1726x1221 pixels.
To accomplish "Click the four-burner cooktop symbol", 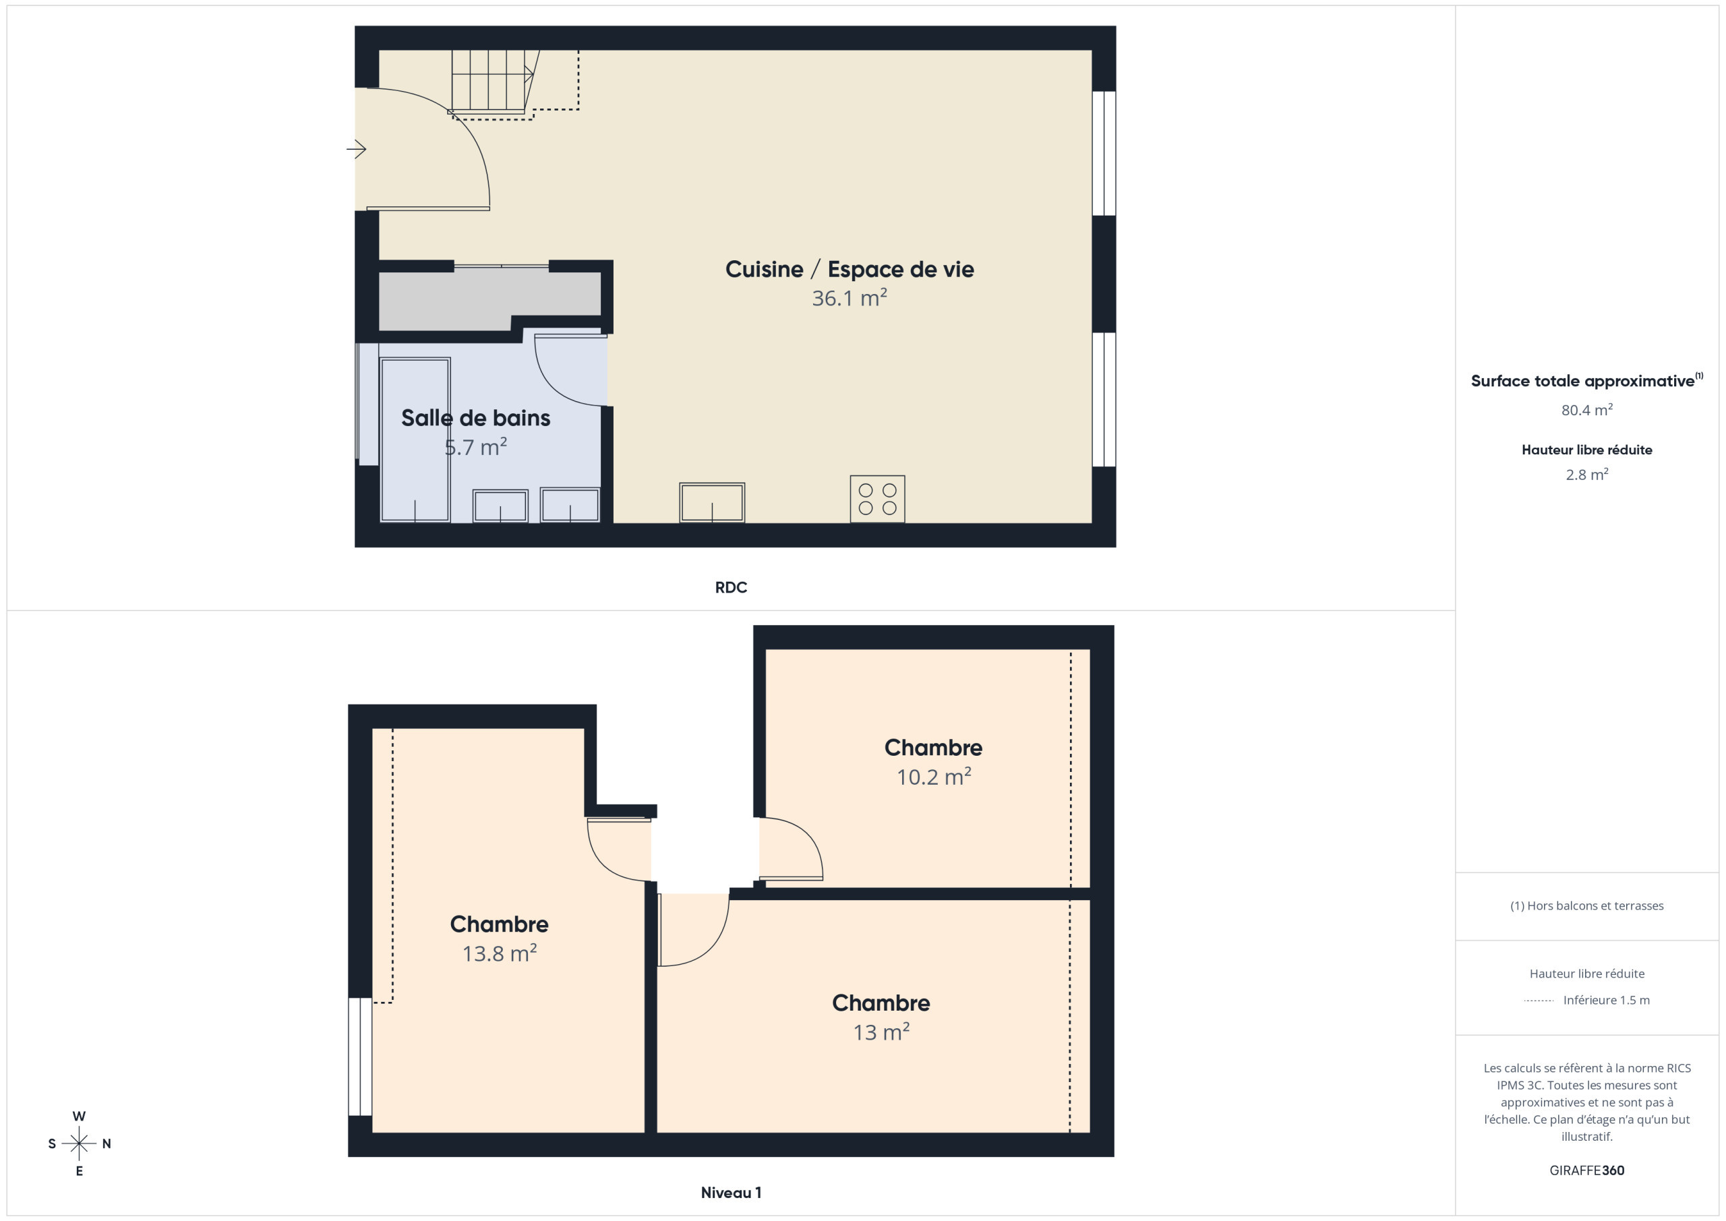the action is (x=877, y=498).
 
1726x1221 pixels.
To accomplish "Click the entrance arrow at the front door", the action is (x=357, y=150).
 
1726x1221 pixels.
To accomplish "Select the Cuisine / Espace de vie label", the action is (x=850, y=269).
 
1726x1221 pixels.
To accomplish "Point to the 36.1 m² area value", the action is (x=850, y=298).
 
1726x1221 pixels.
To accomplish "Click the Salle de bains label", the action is (x=476, y=418).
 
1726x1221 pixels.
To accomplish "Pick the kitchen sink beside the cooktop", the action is (x=712, y=502).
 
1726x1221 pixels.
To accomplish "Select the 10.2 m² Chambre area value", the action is (x=934, y=777).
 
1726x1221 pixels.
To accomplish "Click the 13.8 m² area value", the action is (x=499, y=953).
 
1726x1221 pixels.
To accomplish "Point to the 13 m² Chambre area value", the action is (x=881, y=1032).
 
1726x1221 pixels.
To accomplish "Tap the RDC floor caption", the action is (x=731, y=587).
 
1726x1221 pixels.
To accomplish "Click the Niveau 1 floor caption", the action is (x=731, y=1193).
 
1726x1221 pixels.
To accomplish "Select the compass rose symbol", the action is (x=79, y=1143).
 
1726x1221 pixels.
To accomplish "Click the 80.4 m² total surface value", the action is (x=1587, y=410).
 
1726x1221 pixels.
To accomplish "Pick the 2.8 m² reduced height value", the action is (x=1587, y=475).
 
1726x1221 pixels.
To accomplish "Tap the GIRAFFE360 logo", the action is (x=1587, y=1170).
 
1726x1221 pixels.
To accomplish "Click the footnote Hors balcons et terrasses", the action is (x=1587, y=906).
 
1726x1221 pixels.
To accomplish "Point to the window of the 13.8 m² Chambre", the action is (x=360, y=1056).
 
